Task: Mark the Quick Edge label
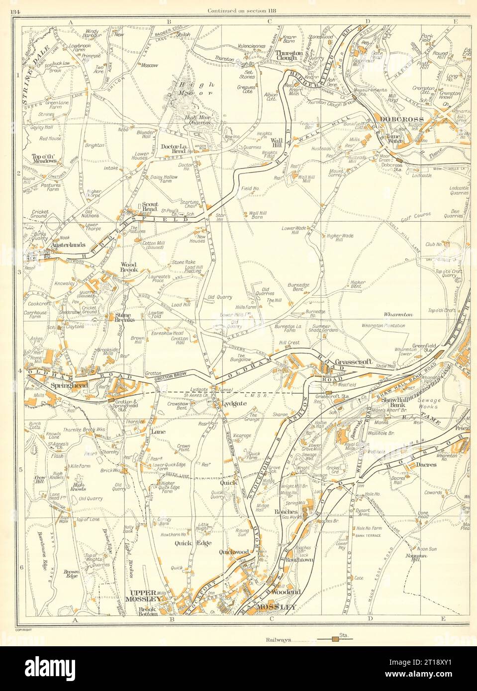click(188, 543)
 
